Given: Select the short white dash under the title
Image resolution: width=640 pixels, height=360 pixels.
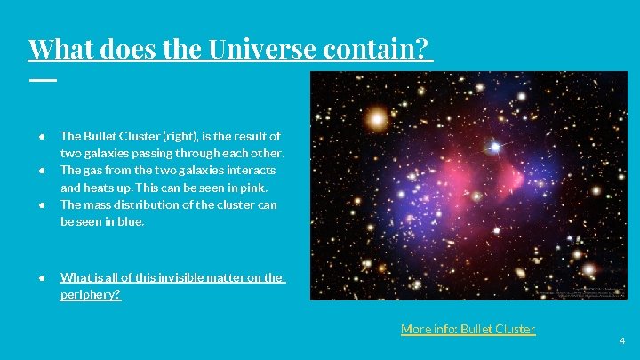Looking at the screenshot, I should click(42, 80).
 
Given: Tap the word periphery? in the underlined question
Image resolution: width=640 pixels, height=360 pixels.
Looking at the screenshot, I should click(90, 294).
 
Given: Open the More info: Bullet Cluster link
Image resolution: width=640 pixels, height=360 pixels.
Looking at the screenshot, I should click(468, 329).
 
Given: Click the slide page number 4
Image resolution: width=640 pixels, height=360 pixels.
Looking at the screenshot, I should click(622, 340).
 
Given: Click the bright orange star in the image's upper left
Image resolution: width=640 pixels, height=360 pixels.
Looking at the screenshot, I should click(377, 117).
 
